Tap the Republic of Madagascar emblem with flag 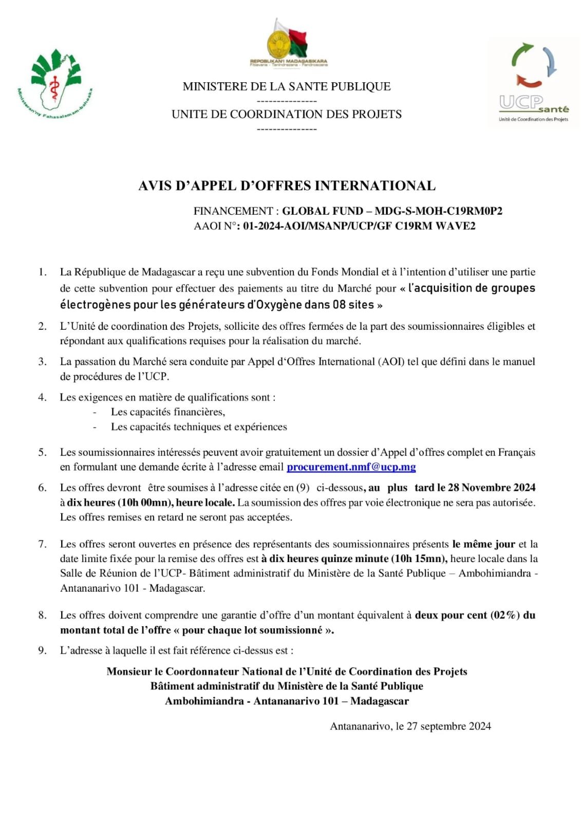[288, 43]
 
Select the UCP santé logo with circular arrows [534, 82]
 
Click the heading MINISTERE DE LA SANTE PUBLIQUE [287, 86]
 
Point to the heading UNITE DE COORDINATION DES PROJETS [287, 114]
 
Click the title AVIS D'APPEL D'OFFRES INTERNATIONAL [287, 185]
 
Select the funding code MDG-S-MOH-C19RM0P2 [438, 211]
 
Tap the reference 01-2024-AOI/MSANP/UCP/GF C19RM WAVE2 [359, 226]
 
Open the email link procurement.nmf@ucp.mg [351, 467]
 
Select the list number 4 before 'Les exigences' [42, 397]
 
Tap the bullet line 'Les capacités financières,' [168, 412]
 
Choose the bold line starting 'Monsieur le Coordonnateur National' [287, 671]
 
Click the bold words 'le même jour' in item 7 [483, 544]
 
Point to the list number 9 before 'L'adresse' [42, 650]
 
